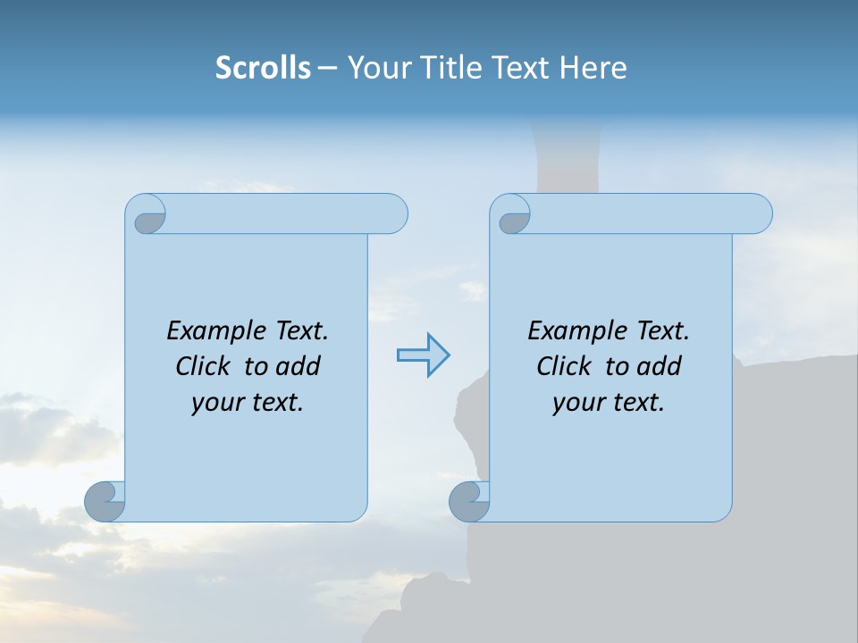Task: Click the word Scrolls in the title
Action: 263,68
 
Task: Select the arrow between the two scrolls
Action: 423,355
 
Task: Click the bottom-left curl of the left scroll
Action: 105,501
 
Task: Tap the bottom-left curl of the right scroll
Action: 468,501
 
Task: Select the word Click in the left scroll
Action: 206,367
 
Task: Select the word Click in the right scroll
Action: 567,367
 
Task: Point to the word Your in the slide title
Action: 376,68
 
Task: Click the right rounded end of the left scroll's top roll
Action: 393,213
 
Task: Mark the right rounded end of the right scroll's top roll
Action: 758,213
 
